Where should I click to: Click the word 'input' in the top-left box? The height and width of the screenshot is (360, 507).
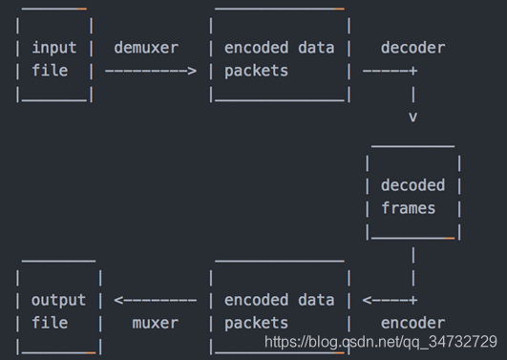click(x=53, y=48)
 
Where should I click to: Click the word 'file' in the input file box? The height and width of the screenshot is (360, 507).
click(x=49, y=71)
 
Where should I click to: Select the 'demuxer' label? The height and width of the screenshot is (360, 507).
click(x=145, y=48)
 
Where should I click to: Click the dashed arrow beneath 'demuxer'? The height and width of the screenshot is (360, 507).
click(x=150, y=71)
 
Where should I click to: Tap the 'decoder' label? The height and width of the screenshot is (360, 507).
click(x=412, y=48)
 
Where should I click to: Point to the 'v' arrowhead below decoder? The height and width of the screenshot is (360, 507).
click(x=412, y=116)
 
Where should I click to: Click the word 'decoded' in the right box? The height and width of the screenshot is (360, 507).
click(x=412, y=185)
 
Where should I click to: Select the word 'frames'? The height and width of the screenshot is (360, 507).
click(x=408, y=208)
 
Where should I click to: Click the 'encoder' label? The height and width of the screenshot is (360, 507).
click(x=412, y=323)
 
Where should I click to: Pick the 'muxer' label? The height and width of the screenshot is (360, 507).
click(x=155, y=323)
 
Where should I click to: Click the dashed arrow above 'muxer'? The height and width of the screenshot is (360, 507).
click(x=155, y=300)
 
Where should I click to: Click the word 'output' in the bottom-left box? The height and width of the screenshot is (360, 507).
click(x=58, y=300)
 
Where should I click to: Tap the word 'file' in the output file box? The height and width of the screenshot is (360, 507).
click(x=49, y=323)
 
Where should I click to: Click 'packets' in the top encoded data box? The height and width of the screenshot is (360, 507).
click(x=256, y=71)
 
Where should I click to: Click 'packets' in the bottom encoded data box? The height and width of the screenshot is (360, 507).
click(x=256, y=323)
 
